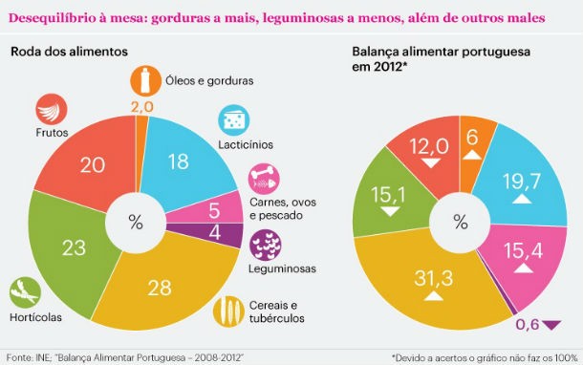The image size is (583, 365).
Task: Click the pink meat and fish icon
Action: (263, 179)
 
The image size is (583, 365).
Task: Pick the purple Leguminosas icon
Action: (264, 244)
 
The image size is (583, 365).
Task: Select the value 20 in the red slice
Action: (93, 164)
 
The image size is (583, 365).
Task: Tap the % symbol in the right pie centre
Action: (461, 223)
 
